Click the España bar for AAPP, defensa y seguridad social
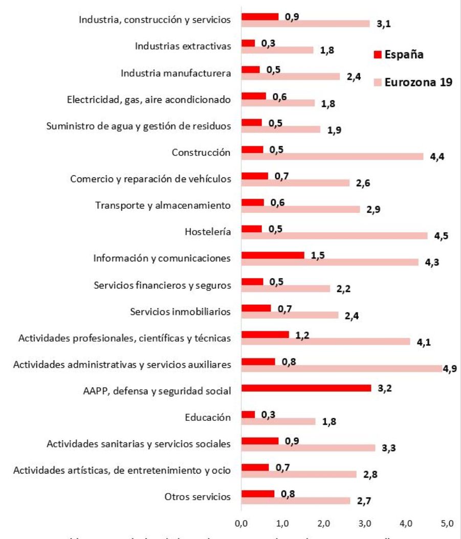coord(306,388)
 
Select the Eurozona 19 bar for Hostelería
coord(334,235)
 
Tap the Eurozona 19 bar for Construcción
coord(332,156)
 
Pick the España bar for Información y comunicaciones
coord(273,255)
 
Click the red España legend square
coord(378,55)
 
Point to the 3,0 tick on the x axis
coord(365,524)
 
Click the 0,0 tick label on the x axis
coord(241,524)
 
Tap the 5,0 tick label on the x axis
coord(447,524)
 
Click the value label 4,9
coord(450,369)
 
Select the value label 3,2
coord(385,389)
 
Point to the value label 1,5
coord(318,255)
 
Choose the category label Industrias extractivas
coord(183,47)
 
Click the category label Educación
coord(208,418)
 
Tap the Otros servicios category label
coord(197,497)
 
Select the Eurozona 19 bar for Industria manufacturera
coord(290,76)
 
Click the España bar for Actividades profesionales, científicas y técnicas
coord(265,335)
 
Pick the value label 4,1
coord(424,342)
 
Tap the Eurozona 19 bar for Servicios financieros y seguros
coord(286,288)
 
